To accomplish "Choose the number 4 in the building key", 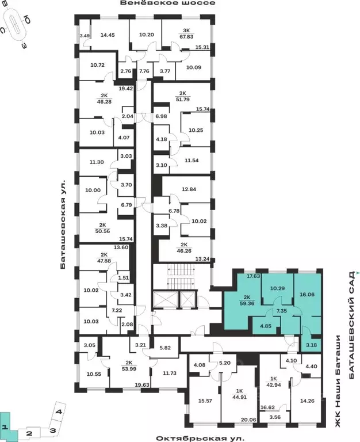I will coord(59,411).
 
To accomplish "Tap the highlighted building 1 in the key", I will coord(5,426).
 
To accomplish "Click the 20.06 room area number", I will coord(249,420).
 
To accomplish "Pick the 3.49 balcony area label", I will coord(85,36).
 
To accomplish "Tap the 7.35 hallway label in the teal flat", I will coord(282,310).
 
